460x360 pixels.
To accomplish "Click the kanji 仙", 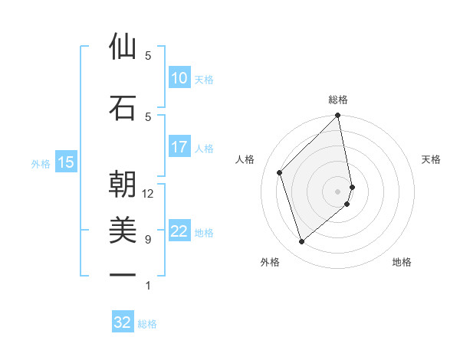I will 123,47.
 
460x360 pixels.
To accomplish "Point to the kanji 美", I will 123,231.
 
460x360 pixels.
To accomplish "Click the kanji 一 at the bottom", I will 123,274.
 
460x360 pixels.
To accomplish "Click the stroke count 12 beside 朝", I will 148,194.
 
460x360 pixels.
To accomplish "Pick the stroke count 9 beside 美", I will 148,240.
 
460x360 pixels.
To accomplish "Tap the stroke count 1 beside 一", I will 148,286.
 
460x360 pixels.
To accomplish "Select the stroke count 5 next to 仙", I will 148,56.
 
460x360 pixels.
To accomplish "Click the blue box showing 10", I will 179,78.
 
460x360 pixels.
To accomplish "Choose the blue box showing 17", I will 179,147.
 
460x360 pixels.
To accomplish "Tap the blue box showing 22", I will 179,231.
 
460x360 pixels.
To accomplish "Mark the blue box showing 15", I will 66,162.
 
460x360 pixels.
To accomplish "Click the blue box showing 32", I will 123,323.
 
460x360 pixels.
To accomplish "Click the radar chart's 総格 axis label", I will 338,100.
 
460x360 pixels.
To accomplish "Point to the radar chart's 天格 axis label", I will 432,159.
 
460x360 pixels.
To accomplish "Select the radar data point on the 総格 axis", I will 338,116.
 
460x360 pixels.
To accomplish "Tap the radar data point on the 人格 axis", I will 280,172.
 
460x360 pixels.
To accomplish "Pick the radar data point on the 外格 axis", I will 301,242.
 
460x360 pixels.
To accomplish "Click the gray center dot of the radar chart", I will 338,191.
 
